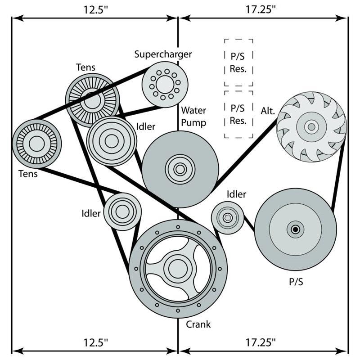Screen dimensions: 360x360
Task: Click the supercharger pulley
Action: [x=165, y=84]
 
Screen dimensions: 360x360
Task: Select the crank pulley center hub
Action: [x=178, y=269]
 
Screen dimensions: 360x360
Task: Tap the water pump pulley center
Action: [x=180, y=169]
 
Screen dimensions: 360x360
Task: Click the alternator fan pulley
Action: [x=311, y=127]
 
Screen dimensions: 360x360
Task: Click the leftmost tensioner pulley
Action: [x=36, y=144]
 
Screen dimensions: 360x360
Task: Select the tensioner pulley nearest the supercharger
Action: [x=93, y=100]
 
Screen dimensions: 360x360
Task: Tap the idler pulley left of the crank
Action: [x=122, y=211]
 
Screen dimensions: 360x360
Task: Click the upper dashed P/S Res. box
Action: [x=238, y=63]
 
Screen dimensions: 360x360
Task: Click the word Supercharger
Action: [x=163, y=54]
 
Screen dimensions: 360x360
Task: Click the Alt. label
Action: [x=268, y=111]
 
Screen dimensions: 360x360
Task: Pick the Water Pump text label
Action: [x=193, y=116]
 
